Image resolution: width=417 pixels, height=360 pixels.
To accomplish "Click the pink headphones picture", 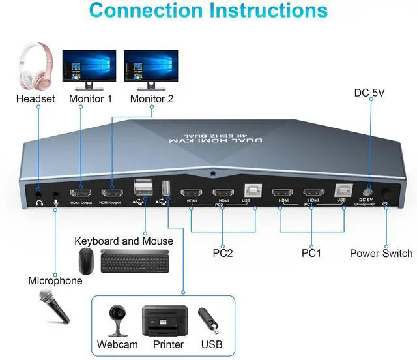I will tap(36, 67).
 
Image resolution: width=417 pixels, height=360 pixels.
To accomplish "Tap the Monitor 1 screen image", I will tap(89, 65).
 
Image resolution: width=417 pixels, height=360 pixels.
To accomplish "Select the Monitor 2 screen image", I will tap(151, 65).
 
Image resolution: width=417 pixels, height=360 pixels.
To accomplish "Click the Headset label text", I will tap(36, 99).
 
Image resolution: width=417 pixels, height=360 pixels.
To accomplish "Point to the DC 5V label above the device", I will tap(369, 93).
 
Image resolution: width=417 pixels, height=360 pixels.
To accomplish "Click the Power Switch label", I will tap(381, 253).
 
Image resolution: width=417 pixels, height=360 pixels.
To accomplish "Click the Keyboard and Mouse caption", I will tap(124, 241).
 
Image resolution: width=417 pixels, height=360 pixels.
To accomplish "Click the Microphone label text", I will tap(55, 281).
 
